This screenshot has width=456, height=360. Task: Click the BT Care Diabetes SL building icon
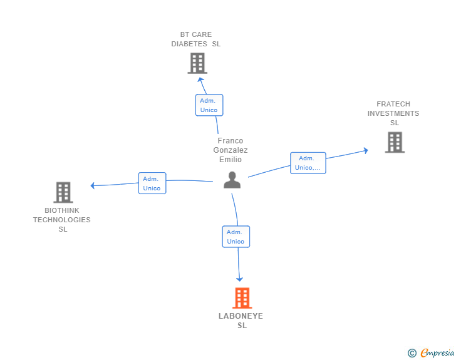pos(197,63)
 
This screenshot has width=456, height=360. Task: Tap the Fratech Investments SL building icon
pos(395,142)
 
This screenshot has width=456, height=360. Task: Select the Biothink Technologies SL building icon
pos(63,192)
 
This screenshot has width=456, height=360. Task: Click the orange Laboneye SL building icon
pos(242,298)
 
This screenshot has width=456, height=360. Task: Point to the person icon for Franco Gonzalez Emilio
pos(232,180)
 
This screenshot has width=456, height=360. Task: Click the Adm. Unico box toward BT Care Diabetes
pos(209,105)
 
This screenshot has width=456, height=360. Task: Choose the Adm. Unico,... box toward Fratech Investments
pos(308,163)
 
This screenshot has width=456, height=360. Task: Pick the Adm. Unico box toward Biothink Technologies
pos(152,183)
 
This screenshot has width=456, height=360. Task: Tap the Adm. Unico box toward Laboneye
pos(236,237)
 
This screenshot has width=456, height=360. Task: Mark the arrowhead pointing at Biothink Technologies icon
pos(93,185)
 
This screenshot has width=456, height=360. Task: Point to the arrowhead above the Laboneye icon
pos(239,279)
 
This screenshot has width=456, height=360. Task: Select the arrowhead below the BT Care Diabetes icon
pos(200,80)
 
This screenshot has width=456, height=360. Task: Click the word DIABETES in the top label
pos(190,44)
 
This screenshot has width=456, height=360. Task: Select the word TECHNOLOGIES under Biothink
pos(62,220)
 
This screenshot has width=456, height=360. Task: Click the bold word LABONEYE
pos(241,316)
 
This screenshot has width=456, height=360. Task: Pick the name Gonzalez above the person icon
pos(231,150)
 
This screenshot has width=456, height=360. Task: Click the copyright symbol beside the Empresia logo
pos(412,353)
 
